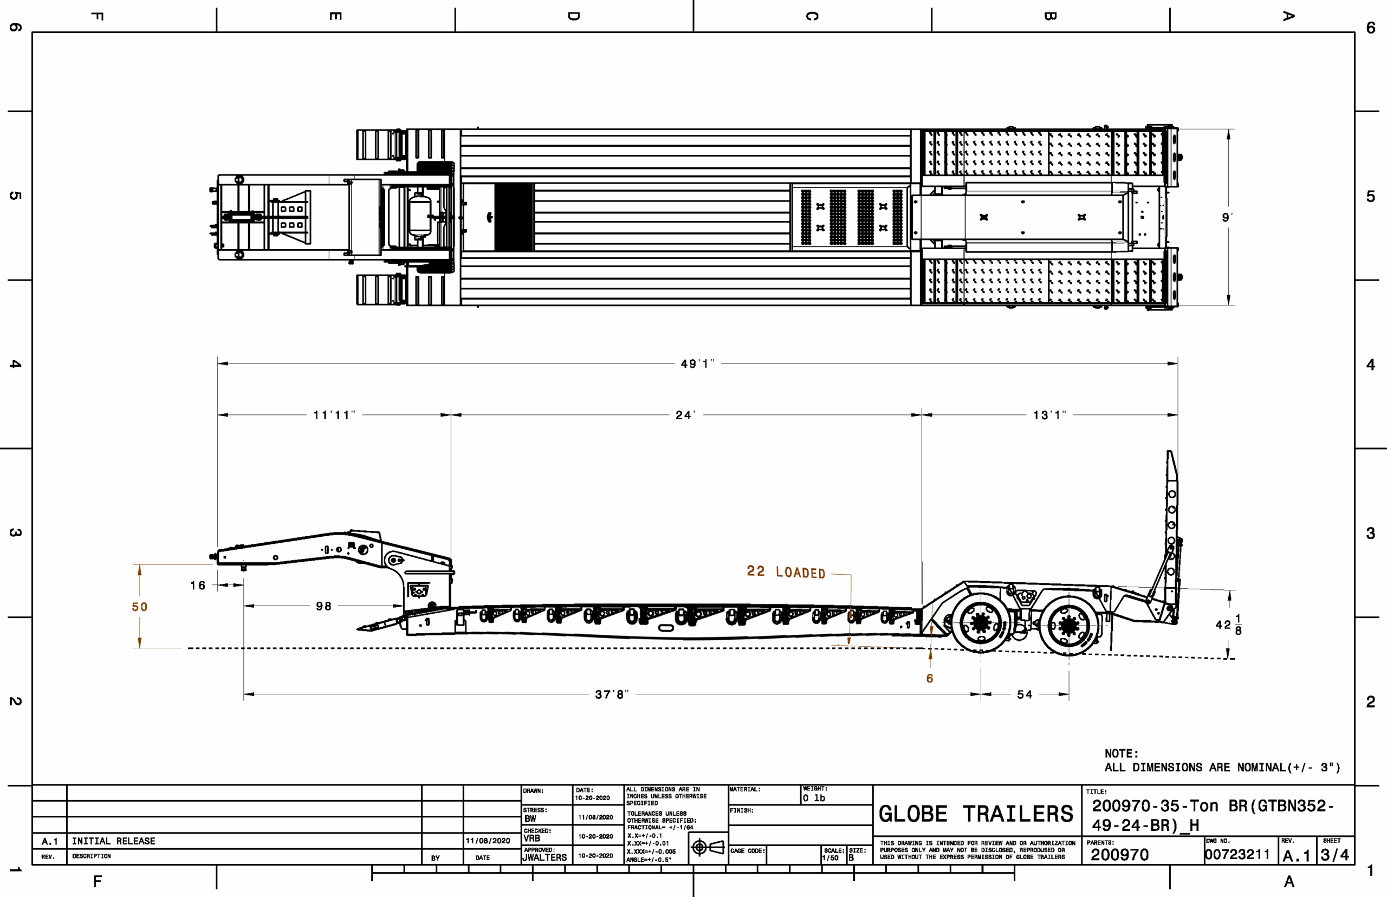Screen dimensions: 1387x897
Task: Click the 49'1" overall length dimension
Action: pos(697,364)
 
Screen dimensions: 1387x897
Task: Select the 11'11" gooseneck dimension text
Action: pos(334,415)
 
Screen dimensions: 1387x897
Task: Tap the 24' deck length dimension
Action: pos(685,415)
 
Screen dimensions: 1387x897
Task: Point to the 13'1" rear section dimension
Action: pos(1049,415)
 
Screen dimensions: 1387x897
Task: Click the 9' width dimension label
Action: pos(1227,217)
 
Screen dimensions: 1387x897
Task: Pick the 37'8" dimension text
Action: pos(611,694)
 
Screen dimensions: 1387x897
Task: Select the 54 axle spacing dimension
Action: pos(1025,694)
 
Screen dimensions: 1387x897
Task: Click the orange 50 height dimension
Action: pos(140,607)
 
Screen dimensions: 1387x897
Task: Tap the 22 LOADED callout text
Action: pos(786,572)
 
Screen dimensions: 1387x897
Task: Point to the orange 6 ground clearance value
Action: pos(930,679)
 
